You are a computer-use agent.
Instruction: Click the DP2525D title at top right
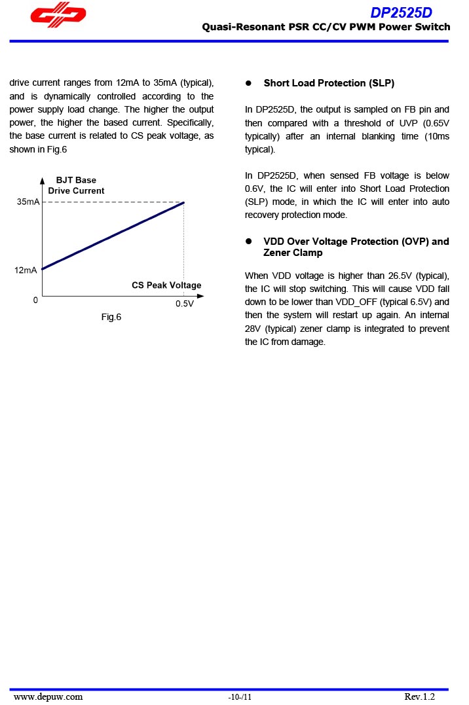coord(401,12)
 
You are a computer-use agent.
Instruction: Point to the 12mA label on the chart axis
coord(26,270)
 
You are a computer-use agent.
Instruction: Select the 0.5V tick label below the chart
coord(184,304)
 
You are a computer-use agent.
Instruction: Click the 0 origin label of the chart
coord(35,300)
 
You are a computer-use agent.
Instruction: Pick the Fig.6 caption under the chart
coord(111,317)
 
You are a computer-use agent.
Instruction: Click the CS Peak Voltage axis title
coord(166,285)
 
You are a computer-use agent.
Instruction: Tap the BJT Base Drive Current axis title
coord(76,185)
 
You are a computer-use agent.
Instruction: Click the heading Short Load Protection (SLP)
coord(329,83)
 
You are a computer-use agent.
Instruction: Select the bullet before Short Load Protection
coord(249,83)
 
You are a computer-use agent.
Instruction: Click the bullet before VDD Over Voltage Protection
coord(249,242)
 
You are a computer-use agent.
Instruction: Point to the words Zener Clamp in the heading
coord(293,253)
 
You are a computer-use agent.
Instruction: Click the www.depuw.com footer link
coord(48,696)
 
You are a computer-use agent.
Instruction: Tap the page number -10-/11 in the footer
coord(240,697)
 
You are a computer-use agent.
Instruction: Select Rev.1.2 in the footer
coord(419,696)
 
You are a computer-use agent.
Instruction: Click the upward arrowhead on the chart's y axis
coord(42,180)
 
